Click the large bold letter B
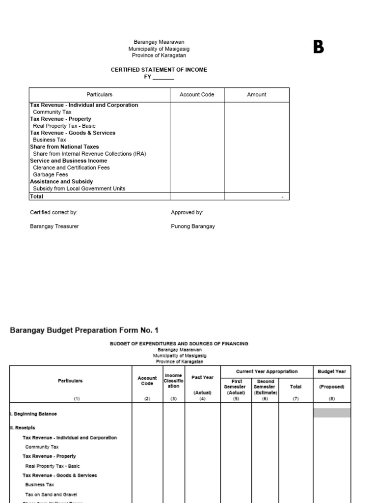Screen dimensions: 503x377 click(x=319, y=48)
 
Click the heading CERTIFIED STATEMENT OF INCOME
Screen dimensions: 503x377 click(x=159, y=70)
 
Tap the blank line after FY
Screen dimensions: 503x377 click(x=163, y=78)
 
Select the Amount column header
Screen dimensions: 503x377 click(x=257, y=95)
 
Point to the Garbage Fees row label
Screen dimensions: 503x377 click(x=50, y=174)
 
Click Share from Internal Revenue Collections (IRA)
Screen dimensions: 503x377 click(x=89, y=154)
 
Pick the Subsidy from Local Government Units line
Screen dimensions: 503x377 click(x=79, y=189)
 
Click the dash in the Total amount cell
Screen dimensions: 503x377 click(x=282, y=197)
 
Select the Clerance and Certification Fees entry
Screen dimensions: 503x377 click(x=71, y=168)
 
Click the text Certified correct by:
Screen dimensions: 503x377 click(x=54, y=213)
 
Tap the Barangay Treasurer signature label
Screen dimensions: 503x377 click(x=54, y=226)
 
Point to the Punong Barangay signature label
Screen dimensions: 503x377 click(x=193, y=226)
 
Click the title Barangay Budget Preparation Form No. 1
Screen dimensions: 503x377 click(x=84, y=331)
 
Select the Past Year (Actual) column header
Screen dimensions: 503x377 click(x=202, y=385)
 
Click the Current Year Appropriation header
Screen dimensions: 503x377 click(x=267, y=372)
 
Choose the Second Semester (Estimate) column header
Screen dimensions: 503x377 click(x=266, y=387)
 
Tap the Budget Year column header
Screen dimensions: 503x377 click(x=332, y=372)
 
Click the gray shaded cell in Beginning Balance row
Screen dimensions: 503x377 click(x=332, y=413)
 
